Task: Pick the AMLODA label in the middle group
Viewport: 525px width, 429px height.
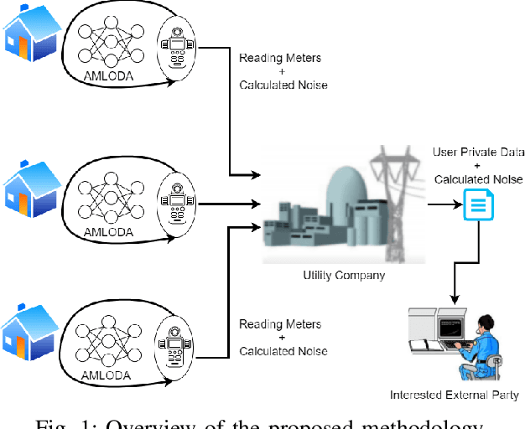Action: pos(107,231)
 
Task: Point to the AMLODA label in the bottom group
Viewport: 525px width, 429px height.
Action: pos(107,375)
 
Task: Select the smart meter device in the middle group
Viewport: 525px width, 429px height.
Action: pos(177,202)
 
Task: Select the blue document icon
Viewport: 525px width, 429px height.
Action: pos(477,204)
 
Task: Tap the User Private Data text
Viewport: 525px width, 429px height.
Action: pos(478,152)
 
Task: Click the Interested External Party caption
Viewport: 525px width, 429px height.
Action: pos(455,395)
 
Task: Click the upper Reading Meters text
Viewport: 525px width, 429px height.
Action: pos(280,58)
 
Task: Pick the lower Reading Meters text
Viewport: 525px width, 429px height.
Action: pos(280,323)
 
